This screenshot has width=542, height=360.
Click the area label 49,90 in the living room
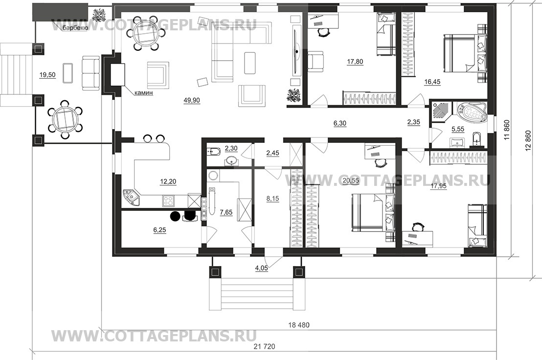[192, 101]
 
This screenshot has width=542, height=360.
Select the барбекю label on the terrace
[75, 28]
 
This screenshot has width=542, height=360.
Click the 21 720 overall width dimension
[264, 346]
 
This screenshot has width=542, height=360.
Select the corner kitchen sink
[132, 197]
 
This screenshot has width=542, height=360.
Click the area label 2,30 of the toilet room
[231, 149]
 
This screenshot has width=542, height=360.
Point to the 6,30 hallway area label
[340, 123]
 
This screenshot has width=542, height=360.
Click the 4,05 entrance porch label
[262, 268]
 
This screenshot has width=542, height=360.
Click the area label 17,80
[355, 62]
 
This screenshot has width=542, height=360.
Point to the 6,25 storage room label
[159, 229]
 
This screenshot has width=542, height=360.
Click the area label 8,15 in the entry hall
[272, 199]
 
